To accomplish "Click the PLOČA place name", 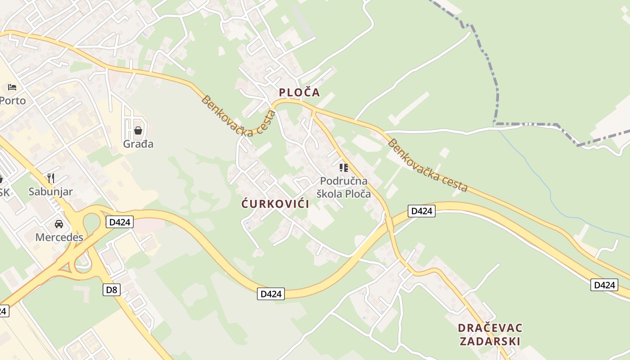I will coord(299,92).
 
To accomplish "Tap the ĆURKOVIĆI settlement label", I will coord(275,204).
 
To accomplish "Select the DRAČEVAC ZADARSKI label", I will coord(490,334).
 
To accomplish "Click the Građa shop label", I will coord(138,144).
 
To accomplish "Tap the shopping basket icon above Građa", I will coord(138,131).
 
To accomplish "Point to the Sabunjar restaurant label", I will coord(50,192).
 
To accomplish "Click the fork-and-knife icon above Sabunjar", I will coord(51,178).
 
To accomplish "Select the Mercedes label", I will coord(59,237).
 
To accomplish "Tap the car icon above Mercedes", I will coord(59,224).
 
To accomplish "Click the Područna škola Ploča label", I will coord(344,188).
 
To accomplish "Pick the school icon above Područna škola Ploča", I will coord(344,168).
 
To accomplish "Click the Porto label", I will coord(13,100).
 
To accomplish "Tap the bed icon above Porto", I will coord(12,87).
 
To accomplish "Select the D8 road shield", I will coord(112,289).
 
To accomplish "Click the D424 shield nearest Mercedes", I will coord(120,221).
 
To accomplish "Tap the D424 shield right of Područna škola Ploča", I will coord(422,211).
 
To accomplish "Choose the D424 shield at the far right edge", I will coord(604,284).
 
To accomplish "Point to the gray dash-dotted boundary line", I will coord(497,90).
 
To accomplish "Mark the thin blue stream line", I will coord(549,189).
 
